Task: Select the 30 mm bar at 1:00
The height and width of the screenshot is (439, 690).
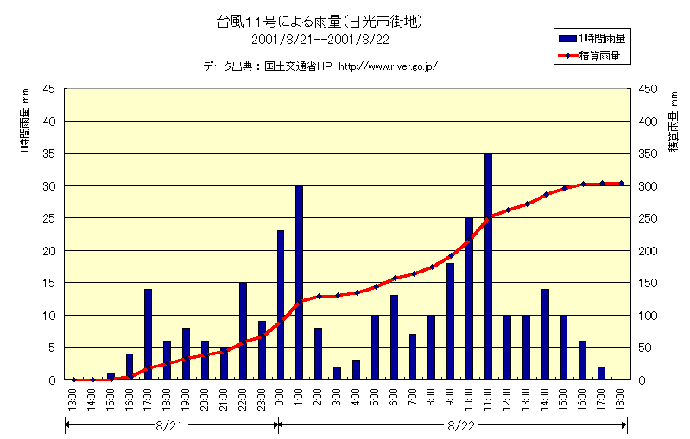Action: click(x=299, y=283)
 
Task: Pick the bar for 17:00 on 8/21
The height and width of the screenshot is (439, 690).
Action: click(x=148, y=335)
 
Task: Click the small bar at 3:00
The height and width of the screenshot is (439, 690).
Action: click(x=337, y=373)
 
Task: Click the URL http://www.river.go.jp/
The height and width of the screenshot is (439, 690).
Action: click(x=388, y=66)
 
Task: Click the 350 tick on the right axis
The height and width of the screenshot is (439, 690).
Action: click(x=647, y=154)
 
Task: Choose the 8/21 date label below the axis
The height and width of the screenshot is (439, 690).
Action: click(x=169, y=424)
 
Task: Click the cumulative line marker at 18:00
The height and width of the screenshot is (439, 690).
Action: click(x=621, y=183)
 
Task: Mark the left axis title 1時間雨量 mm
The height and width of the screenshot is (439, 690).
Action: click(x=25, y=126)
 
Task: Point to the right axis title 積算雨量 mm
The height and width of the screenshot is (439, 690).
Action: click(x=673, y=126)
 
